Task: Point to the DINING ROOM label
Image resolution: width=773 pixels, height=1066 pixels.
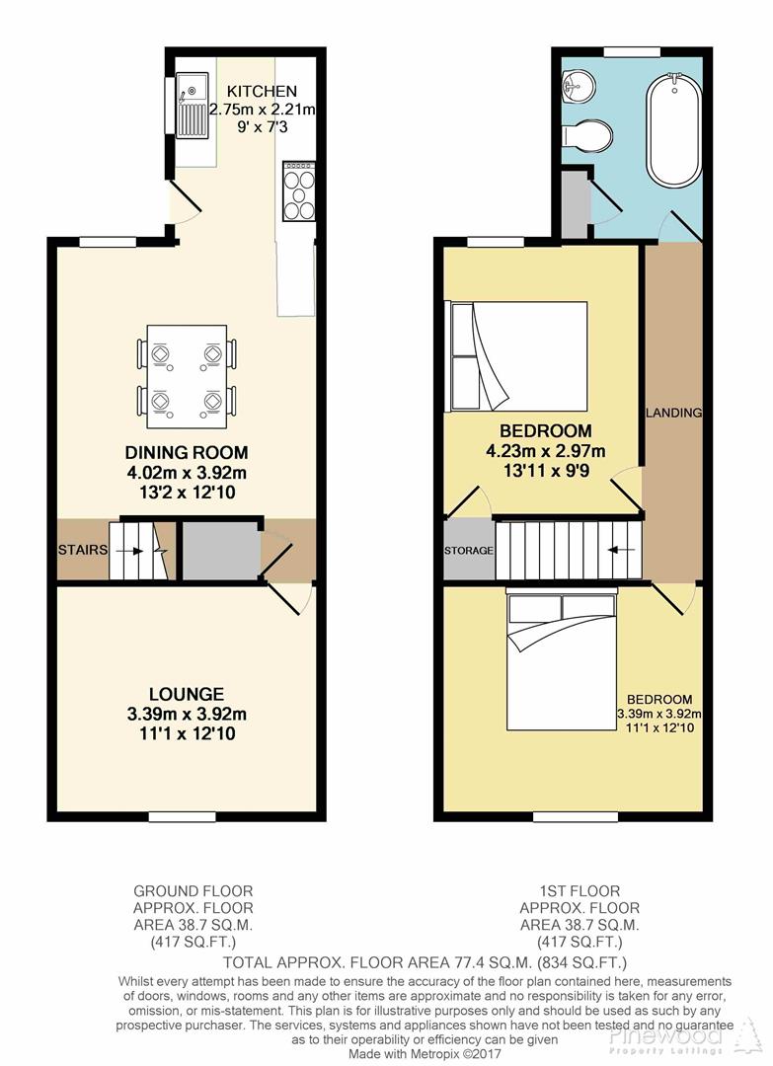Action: [x=185, y=452]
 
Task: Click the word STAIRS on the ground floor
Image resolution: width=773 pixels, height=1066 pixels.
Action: [x=82, y=550]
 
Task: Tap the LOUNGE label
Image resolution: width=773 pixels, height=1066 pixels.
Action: [x=187, y=695]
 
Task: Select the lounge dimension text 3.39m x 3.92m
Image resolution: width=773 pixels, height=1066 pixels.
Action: [x=187, y=715]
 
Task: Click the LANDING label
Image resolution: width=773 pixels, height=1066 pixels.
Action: [x=673, y=413]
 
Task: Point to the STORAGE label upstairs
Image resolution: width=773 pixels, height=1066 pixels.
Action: [x=468, y=550]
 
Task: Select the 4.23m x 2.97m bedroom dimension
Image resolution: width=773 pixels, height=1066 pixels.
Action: [x=545, y=451]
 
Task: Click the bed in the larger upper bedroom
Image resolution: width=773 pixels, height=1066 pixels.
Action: [x=518, y=355]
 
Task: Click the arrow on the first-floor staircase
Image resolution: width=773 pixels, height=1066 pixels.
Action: [x=622, y=550]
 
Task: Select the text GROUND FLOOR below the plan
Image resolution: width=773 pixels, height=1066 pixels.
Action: [x=193, y=891]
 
